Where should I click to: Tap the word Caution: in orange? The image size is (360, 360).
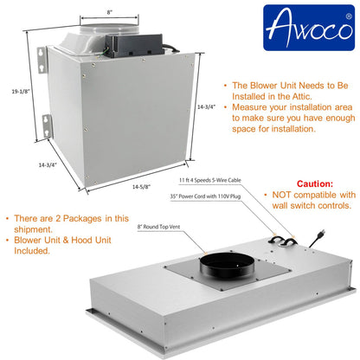314,184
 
